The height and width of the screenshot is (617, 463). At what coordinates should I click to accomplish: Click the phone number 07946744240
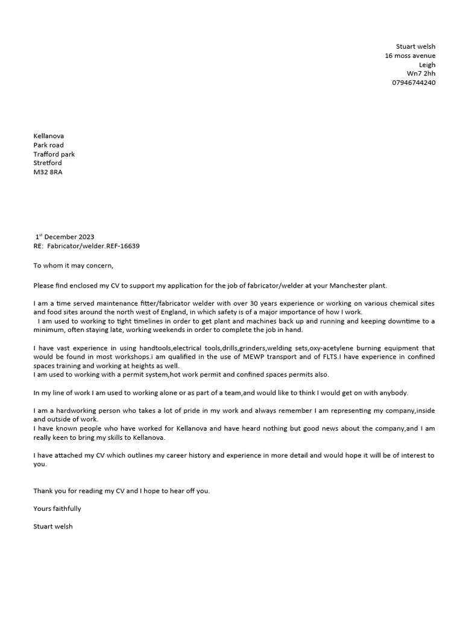[414, 83]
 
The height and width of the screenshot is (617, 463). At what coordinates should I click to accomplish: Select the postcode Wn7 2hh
[421, 74]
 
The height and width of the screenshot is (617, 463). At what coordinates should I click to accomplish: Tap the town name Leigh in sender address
[427, 64]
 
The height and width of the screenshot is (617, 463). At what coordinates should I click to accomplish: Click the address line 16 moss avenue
[410, 55]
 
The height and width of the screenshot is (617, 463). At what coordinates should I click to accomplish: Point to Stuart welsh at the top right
[415, 46]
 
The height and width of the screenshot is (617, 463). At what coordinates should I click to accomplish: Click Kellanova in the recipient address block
[49, 136]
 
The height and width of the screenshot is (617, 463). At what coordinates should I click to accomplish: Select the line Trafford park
[54, 154]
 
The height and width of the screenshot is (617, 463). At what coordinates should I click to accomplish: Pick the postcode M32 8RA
[48, 172]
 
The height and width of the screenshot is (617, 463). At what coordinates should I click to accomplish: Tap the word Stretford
[48, 163]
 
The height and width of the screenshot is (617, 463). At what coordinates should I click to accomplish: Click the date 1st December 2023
[65, 237]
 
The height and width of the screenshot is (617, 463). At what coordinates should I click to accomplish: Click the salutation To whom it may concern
[73, 265]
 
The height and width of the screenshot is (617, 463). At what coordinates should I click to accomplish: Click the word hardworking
[74, 410]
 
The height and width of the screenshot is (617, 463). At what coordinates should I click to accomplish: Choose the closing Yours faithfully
[57, 509]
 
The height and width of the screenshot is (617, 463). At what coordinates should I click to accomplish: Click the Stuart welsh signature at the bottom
[53, 527]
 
